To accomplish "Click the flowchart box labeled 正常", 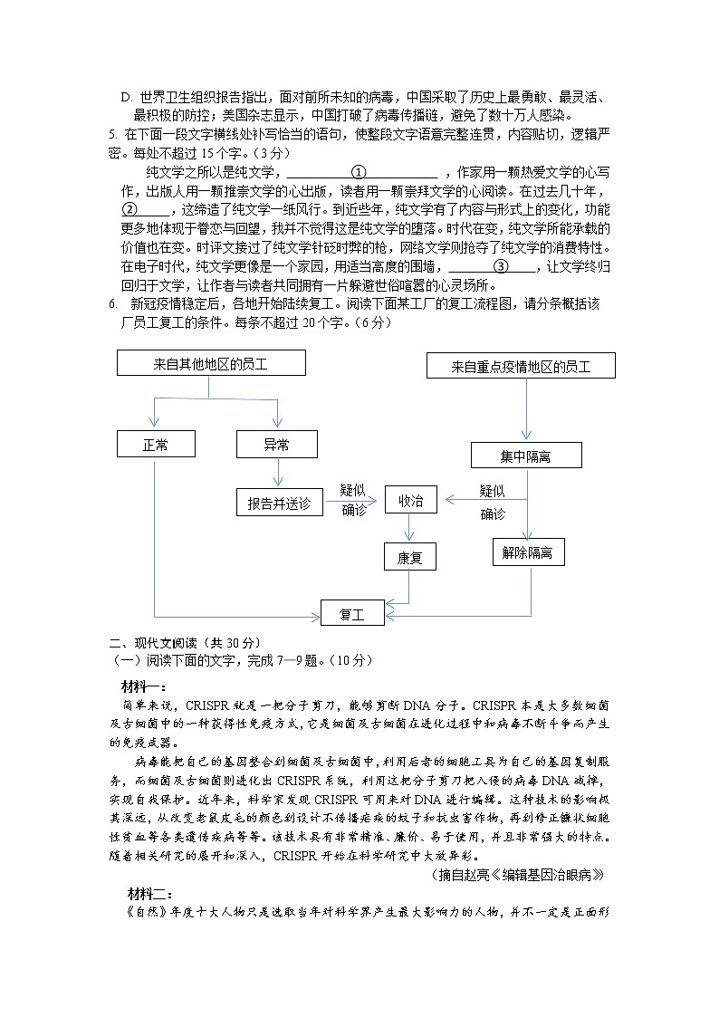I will (155, 444).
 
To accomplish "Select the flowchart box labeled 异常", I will (276, 444).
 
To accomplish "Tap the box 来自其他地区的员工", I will (211, 363).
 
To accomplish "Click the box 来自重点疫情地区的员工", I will (521, 366).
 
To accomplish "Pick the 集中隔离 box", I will (526, 456).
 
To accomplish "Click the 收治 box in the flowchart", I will (410, 500).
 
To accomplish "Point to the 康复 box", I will (410, 557).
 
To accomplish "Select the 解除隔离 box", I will (526, 552).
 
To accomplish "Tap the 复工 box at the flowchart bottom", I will (352, 613).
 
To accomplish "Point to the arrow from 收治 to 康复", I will (410, 528).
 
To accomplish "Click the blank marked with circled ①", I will (359, 172).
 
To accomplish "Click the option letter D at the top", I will (127, 97).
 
